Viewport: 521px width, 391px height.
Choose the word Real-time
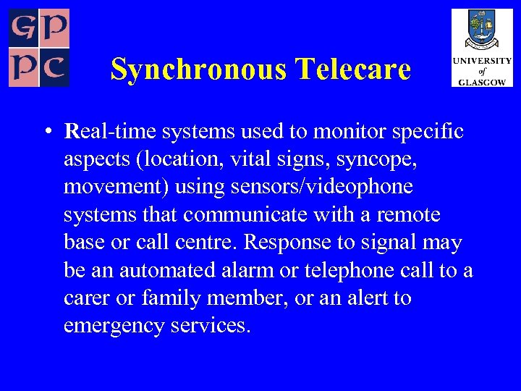point(110,132)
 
